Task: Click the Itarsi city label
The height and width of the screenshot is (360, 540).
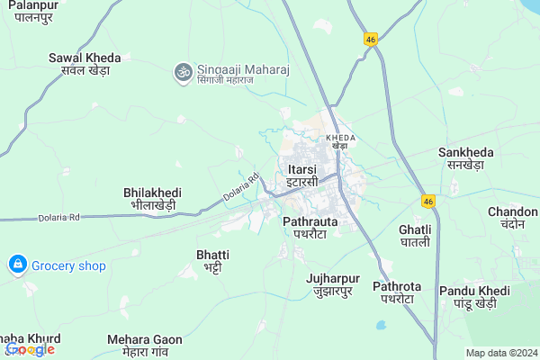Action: tap(302, 175)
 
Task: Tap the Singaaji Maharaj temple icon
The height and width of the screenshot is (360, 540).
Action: tap(183, 69)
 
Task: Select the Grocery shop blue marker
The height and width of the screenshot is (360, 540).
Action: tap(16, 265)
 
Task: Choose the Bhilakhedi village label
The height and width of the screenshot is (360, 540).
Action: tap(152, 198)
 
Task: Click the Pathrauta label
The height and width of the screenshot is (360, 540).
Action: tap(310, 227)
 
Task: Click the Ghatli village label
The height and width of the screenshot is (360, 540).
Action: tap(414, 236)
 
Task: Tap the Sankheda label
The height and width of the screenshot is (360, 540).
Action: tap(466, 158)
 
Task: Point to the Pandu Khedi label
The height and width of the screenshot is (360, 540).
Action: tap(474, 297)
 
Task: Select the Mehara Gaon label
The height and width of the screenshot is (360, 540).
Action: tap(144, 346)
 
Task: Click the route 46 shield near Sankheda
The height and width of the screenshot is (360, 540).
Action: tap(430, 200)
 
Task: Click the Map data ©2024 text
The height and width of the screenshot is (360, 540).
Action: tap(499, 353)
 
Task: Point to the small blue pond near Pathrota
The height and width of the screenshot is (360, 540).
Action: tap(382, 323)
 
